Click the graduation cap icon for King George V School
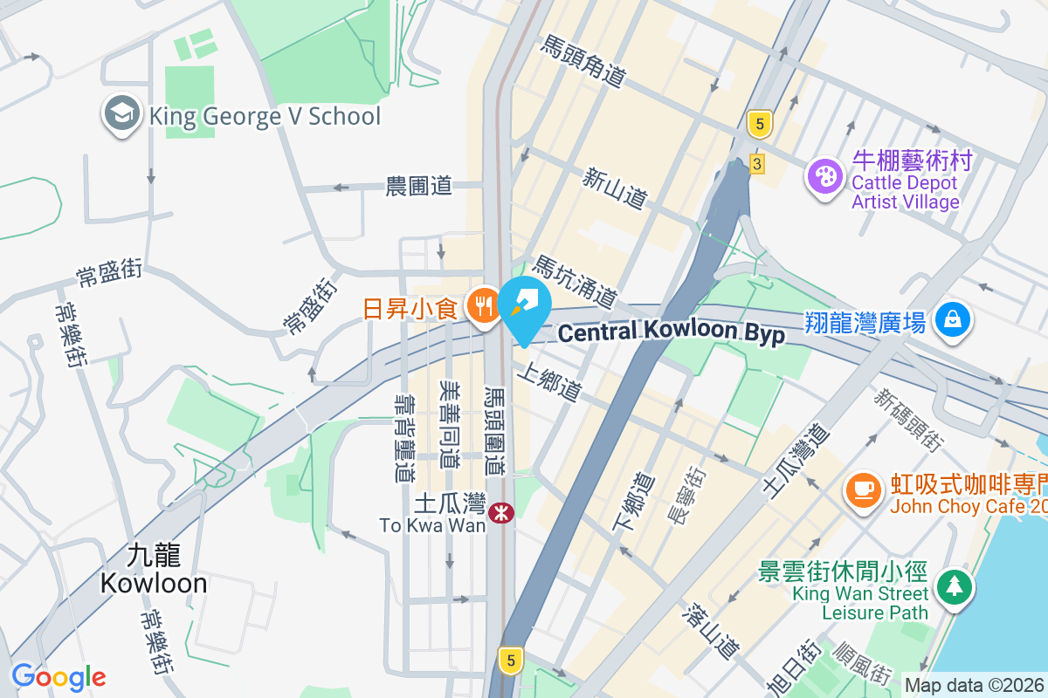[x=123, y=115]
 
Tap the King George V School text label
[x=265, y=116]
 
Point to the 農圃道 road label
[x=419, y=186]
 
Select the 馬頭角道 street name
[x=584, y=61]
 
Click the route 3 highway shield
[x=756, y=163]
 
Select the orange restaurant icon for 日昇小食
[x=482, y=306]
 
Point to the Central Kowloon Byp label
[x=671, y=332]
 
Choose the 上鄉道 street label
[x=548, y=383]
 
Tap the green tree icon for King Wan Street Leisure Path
[x=954, y=585]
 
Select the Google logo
[x=59, y=676]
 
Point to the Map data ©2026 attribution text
[x=973, y=686]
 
